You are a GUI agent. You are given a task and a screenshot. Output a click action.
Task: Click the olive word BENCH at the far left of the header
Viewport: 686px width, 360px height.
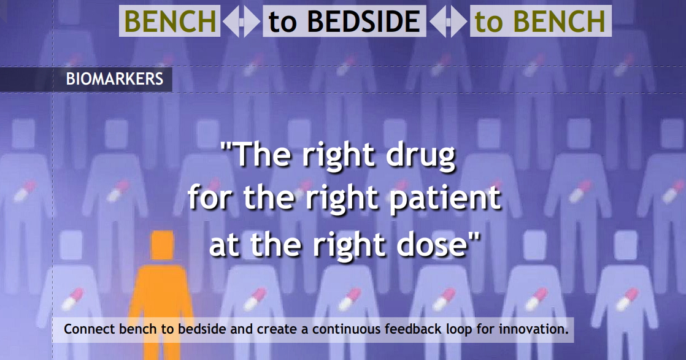170,21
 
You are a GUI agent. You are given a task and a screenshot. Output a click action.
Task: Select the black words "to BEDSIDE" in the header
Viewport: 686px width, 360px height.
344,21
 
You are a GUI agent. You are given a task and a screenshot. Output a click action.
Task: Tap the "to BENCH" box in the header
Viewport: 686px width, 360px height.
541,21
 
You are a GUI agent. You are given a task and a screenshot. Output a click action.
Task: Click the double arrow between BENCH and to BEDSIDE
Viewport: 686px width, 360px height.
242,21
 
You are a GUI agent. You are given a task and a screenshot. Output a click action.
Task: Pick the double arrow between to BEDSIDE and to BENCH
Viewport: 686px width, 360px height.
448,21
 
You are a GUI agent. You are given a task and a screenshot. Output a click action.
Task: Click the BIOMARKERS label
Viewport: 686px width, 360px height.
115,79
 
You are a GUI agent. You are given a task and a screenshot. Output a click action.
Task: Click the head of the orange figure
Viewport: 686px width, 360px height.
163,245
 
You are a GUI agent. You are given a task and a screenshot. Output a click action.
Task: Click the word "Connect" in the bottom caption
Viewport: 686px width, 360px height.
90,329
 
